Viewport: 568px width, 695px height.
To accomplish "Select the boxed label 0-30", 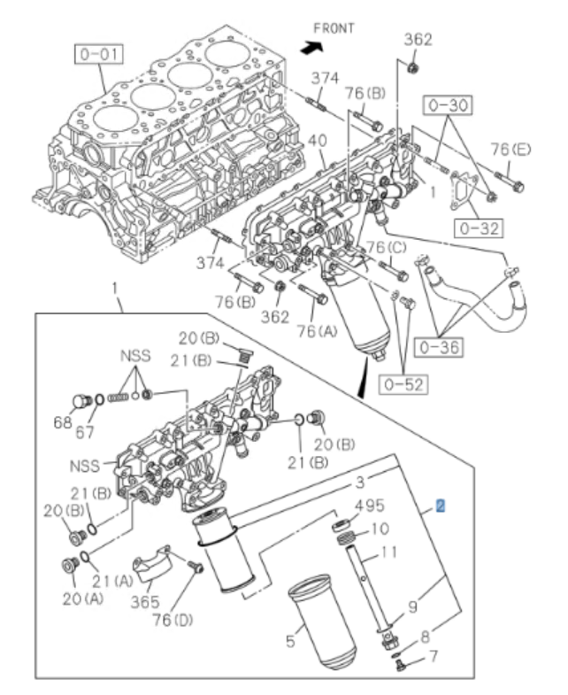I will [x=448, y=107].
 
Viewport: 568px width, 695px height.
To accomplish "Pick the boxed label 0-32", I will [x=479, y=228].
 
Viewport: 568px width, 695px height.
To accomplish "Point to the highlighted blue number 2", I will [x=441, y=506].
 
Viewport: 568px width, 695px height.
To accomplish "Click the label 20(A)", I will [x=78, y=598].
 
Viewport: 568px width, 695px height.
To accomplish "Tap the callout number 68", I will [x=62, y=422].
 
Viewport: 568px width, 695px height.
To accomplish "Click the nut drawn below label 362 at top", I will [x=413, y=68].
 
